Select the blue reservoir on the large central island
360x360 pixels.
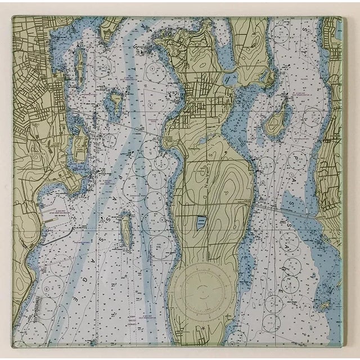(201, 224)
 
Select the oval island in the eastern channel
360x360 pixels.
(275, 120)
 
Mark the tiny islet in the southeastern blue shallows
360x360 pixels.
(323, 307)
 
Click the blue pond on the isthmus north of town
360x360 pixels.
(227, 56)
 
